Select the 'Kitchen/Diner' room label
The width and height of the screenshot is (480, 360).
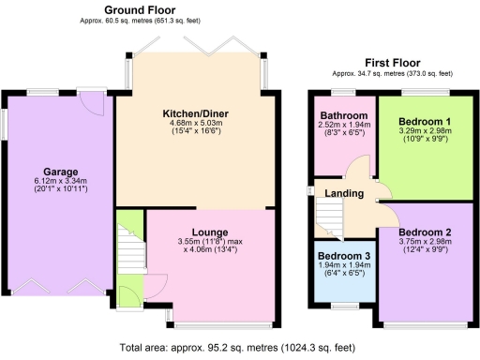196,114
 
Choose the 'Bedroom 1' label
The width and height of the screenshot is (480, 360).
425,123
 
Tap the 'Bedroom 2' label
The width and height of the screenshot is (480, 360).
424,232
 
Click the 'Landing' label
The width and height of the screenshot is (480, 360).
344,194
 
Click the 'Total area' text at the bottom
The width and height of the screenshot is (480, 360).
240,348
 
